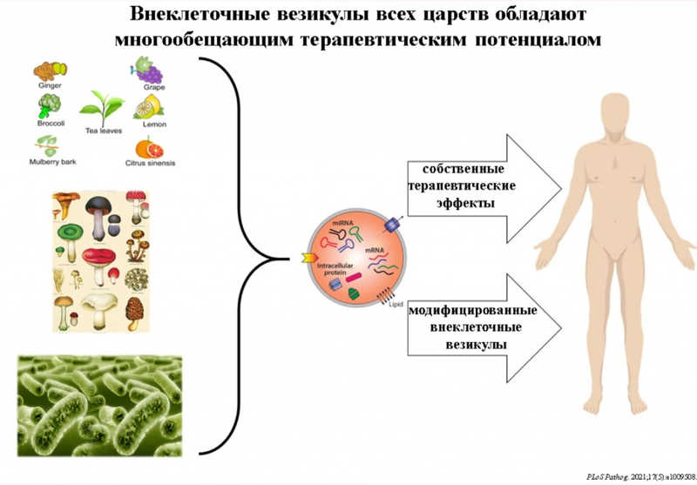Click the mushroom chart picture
click(100, 261)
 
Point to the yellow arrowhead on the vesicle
click(308, 258)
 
